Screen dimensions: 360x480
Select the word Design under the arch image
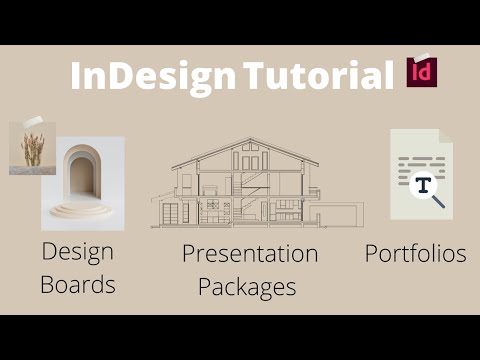(x=77, y=251)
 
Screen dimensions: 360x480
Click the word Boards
(x=78, y=284)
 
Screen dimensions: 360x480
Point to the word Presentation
(x=249, y=254)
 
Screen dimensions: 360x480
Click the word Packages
(x=247, y=287)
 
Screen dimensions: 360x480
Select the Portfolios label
(x=415, y=254)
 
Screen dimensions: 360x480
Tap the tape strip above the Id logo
(x=421, y=56)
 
